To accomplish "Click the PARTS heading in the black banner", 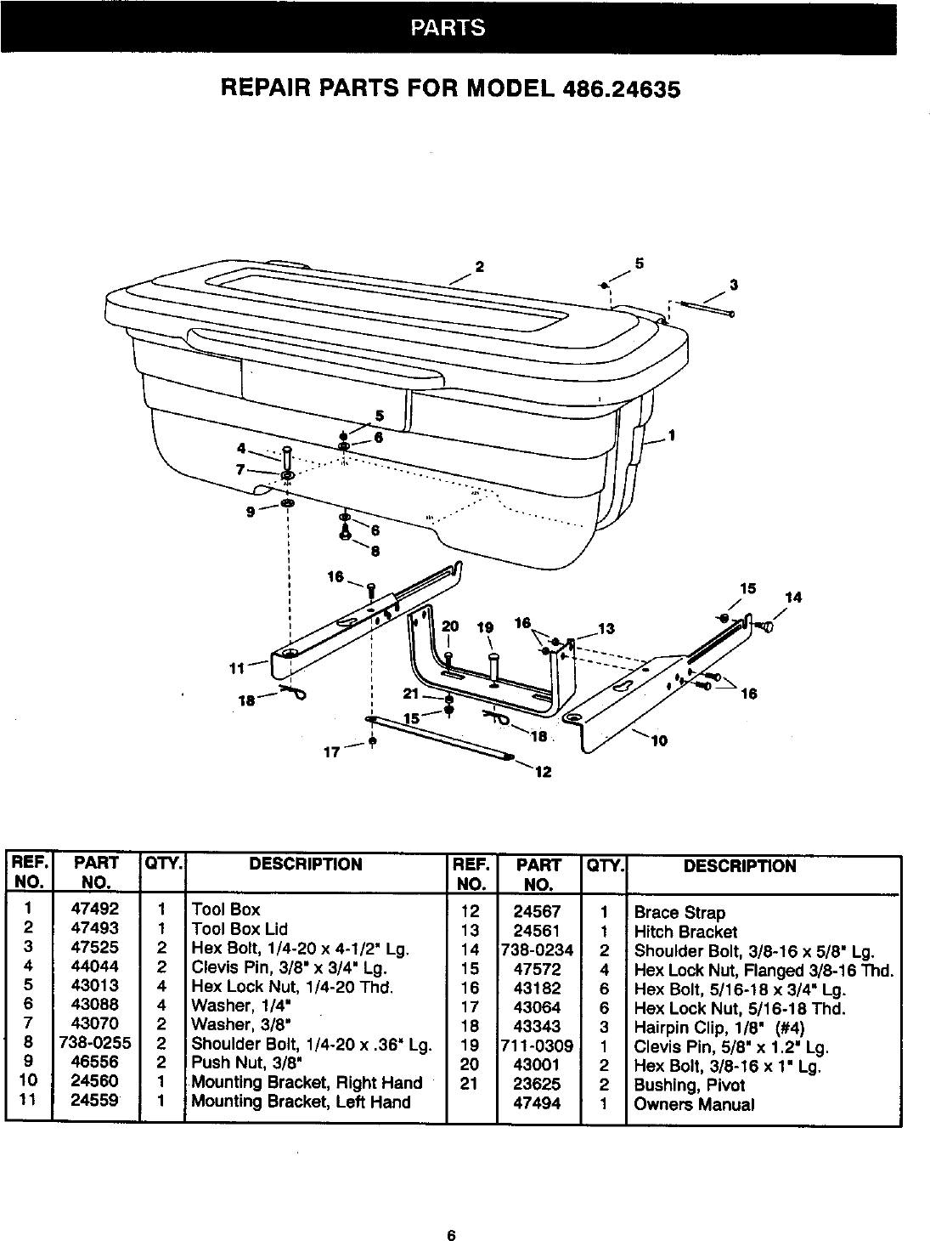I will (448, 28).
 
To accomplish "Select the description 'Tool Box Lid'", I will (240, 928).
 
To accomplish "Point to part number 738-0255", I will (96, 1043).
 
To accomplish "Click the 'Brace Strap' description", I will (679, 913).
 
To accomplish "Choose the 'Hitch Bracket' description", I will (685, 932).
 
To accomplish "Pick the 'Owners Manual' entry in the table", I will (694, 1104).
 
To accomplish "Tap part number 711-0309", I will (538, 1046).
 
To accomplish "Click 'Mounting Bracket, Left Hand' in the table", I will (301, 1102).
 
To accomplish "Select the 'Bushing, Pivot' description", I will (689, 1085).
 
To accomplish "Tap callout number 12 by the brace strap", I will (544, 773).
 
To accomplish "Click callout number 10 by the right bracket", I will (659, 740).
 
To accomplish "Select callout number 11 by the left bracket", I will (238, 667).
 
